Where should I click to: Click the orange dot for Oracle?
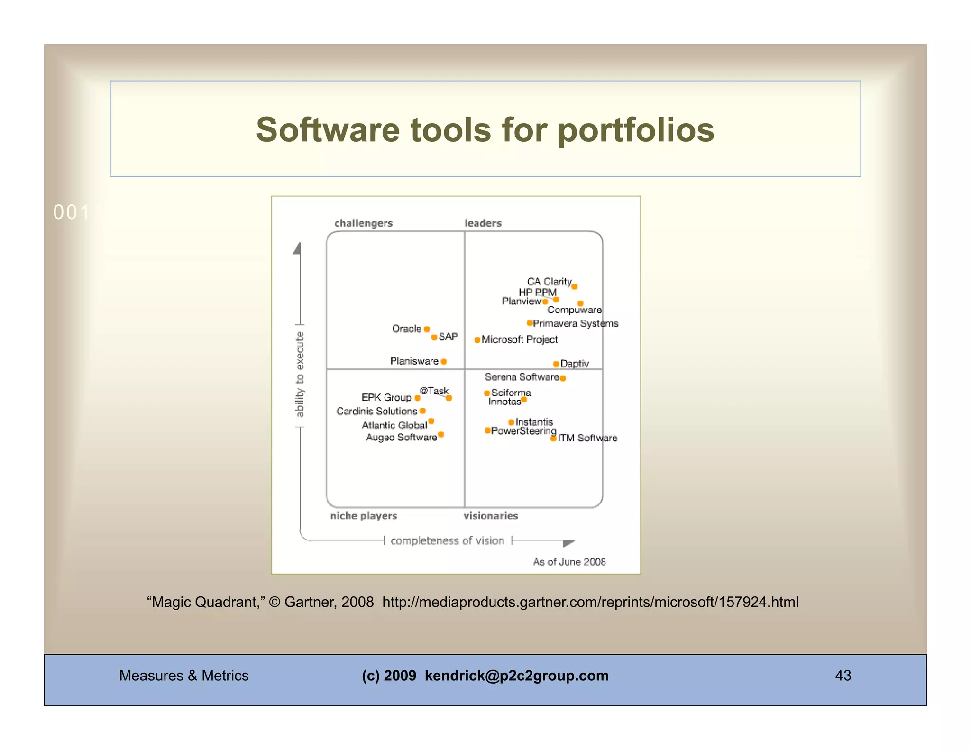427,329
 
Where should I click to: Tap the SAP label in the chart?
448,337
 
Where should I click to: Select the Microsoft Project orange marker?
477,340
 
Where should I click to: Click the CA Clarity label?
549,282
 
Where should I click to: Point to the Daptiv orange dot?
556,364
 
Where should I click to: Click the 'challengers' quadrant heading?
363,223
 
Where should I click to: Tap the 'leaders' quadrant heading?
483,223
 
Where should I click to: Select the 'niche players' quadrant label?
363,515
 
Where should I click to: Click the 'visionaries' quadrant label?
490,515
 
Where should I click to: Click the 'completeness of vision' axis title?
447,540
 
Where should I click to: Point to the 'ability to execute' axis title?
300,375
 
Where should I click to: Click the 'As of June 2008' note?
569,562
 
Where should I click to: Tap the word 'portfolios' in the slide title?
635,130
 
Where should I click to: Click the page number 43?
843,676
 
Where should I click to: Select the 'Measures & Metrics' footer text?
183,676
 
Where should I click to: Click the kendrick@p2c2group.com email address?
516,676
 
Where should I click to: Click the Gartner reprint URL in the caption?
590,602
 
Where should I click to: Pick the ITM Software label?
587,438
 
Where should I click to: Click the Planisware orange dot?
444,362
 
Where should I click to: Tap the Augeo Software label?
401,437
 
